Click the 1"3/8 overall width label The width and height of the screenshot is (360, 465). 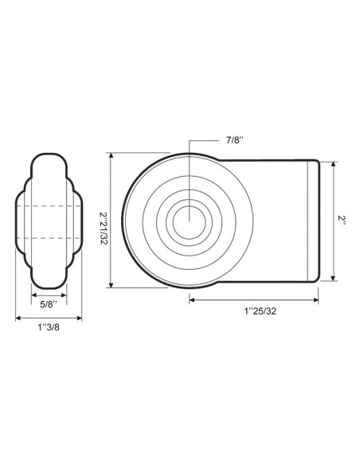pyautogui.click(x=49, y=326)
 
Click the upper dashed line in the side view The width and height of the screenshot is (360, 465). pyautogui.click(x=49, y=206)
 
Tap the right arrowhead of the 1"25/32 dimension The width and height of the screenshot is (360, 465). pyautogui.click(x=316, y=300)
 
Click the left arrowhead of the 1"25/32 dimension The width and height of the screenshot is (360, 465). pyautogui.click(x=192, y=300)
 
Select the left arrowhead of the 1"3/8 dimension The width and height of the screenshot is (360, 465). pyautogui.click(x=18, y=318)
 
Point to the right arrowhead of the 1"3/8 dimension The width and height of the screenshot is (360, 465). pyautogui.click(x=80, y=318)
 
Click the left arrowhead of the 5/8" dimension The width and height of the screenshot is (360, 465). pyautogui.click(x=33, y=295)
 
